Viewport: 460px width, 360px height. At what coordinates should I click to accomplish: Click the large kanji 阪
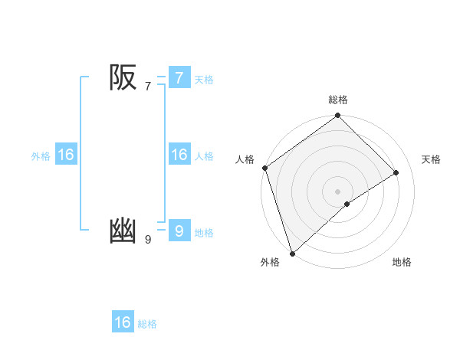click(123, 77)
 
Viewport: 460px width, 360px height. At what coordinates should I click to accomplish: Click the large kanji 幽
click(123, 231)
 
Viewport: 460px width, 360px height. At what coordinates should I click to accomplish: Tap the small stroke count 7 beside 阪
click(148, 87)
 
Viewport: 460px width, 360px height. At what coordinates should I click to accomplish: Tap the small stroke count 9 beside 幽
click(148, 240)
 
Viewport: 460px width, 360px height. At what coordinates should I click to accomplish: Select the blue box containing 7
click(179, 77)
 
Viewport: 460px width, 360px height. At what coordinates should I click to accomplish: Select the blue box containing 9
click(179, 231)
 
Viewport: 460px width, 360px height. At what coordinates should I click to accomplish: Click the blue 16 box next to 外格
click(66, 155)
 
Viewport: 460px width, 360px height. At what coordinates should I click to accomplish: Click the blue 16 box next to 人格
click(179, 155)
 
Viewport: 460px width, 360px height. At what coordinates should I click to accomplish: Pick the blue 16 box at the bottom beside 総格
click(123, 322)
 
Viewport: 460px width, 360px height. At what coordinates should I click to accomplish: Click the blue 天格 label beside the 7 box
click(204, 80)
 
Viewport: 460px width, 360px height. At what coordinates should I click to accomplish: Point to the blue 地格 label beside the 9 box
click(204, 233)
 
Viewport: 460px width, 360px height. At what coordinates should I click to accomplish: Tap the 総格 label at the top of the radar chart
click(337, 100)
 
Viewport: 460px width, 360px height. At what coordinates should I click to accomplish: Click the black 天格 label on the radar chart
click(431, 159)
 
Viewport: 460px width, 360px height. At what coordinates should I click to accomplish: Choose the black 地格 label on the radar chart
click(402, 263)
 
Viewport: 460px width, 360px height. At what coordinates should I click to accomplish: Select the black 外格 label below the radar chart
click(270, 263)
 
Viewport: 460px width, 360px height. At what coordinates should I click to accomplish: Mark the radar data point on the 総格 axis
click(337, 116)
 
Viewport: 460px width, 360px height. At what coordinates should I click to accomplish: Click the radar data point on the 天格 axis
click(396, 172)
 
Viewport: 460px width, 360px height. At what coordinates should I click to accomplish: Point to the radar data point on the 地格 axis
click(347, 204)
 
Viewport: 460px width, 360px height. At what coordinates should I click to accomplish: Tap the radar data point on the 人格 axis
click(264, 168)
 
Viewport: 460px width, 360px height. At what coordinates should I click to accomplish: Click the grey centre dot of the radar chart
click(337, 191)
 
